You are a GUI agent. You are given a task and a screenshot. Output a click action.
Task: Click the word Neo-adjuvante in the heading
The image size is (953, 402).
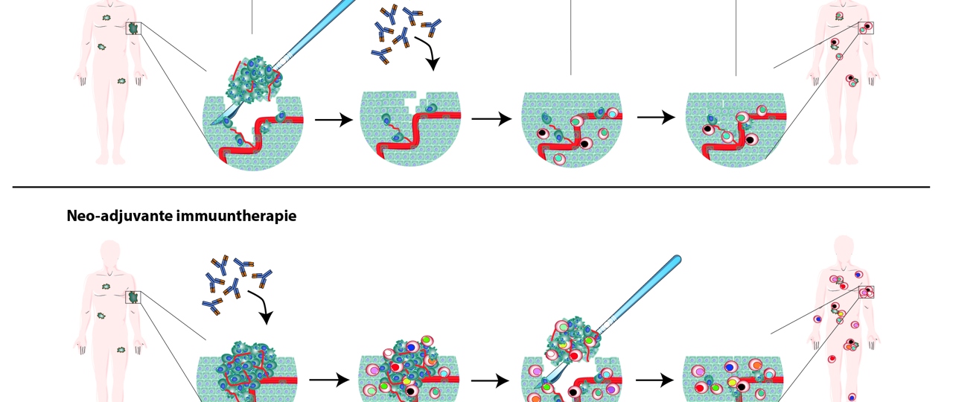(x=103, y=217)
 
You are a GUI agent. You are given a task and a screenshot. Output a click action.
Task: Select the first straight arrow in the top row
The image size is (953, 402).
(x=333, y=119)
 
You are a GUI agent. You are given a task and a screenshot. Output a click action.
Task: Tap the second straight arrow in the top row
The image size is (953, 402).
(x=491, y=119)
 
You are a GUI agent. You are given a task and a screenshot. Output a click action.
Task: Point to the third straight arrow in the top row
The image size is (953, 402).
(x=656, y=118)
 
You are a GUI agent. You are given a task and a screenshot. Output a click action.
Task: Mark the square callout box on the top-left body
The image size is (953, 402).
(x=134, y=28)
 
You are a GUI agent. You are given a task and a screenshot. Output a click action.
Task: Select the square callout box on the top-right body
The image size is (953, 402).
(x=866, y=28)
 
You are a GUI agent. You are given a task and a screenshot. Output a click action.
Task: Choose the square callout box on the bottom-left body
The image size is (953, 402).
(x=134, y=297)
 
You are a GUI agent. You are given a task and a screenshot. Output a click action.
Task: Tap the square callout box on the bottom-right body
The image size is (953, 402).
(x=866, y=292)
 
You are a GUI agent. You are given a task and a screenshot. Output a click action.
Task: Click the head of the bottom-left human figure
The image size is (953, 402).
(x=109, y=252)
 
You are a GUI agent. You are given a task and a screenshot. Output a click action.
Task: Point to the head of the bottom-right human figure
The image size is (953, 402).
(x=843, y=247)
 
